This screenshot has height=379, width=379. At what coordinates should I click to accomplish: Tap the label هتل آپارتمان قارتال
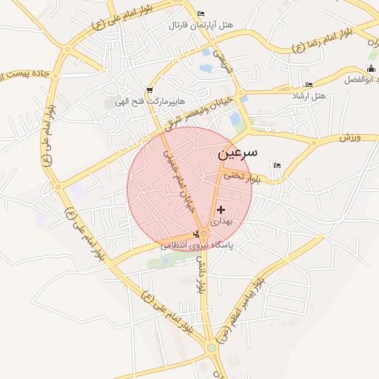201,25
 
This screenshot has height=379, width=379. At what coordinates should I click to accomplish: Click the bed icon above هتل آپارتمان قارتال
201,13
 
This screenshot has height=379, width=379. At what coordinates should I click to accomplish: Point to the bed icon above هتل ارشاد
308,84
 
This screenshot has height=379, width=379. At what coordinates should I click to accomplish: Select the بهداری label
221,221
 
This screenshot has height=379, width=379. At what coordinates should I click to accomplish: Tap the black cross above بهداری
221,210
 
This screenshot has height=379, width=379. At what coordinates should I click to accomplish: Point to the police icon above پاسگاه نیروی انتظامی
195,235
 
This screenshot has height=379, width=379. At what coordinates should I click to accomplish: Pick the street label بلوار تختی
244,177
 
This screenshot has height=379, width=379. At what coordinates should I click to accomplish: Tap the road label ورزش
349,138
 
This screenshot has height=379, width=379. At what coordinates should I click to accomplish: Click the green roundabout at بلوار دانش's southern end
212,347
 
